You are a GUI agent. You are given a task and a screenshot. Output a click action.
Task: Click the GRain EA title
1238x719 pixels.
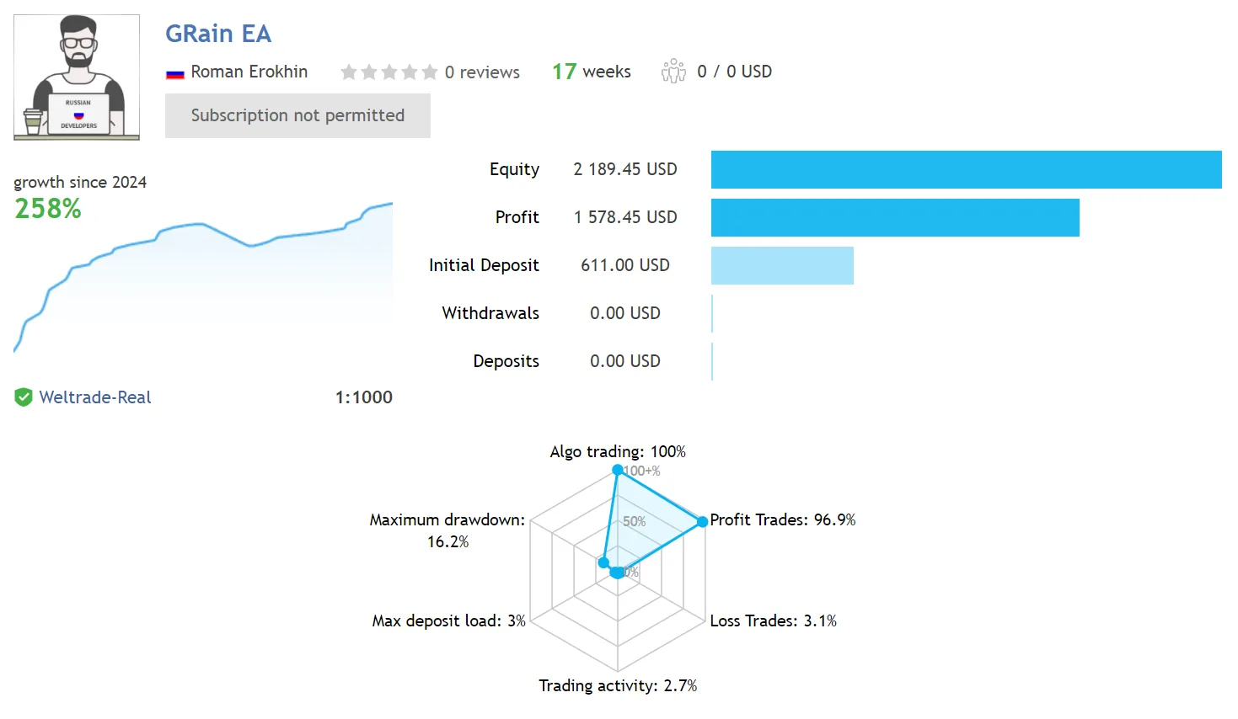(218, 34)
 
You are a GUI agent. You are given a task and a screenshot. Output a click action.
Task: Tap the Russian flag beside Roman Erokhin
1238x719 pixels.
(174, 73)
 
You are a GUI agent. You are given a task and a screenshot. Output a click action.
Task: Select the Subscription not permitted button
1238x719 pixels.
(297, 115)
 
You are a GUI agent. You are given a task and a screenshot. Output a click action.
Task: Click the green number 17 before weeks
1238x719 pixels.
(565, 72)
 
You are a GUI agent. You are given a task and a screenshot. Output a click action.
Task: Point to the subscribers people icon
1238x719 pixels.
(673, 72)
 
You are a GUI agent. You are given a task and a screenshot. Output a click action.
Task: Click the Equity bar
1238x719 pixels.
(966, 169)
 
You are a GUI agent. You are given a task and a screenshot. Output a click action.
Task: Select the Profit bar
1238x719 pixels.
(895, 217)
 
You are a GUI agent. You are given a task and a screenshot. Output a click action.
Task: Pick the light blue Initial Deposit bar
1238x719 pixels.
(782, 265)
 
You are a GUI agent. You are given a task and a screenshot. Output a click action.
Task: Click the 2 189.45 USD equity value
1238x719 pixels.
(625, 169)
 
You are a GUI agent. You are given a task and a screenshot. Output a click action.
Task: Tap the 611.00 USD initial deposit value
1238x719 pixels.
(625, 265)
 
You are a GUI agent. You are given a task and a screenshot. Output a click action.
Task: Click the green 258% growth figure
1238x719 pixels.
(48, 209)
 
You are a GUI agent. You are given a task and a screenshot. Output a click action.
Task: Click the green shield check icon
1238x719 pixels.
(24, 397)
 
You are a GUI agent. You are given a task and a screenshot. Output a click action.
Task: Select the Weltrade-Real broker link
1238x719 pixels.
(95, 397)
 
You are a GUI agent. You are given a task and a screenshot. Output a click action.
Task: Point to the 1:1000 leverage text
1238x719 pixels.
(364, 397)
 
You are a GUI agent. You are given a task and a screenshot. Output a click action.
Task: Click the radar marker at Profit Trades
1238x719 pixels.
(702, 521)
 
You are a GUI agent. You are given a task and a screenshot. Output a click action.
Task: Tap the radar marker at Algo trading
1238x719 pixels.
(618, 470)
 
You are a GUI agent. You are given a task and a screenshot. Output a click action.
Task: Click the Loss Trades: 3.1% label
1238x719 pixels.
(773, 620)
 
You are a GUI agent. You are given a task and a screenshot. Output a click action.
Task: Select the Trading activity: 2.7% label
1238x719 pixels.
(618, 685)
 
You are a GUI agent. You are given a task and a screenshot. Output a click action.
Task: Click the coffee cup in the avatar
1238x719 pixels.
(33, 121)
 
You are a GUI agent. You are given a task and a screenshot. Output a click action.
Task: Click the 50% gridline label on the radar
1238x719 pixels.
(634, 521)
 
